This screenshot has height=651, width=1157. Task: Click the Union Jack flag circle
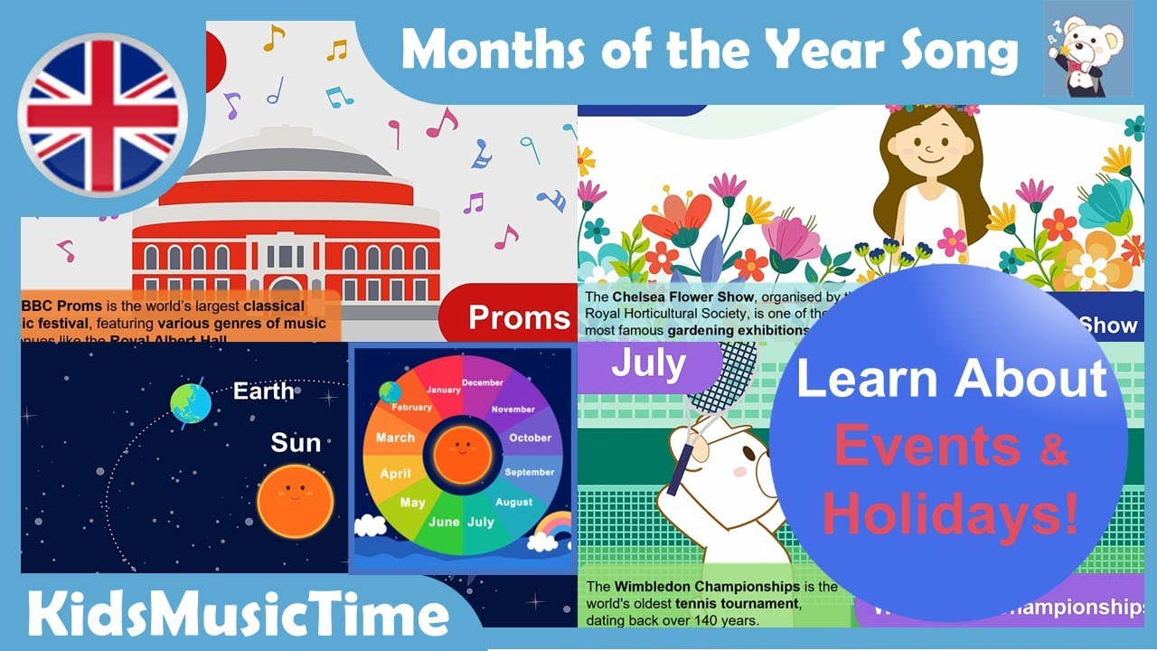102,115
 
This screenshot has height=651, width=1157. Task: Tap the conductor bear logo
1087,49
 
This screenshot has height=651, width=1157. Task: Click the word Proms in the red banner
519,317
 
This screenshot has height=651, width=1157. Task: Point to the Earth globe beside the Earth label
190,400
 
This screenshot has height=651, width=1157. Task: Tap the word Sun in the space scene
296,442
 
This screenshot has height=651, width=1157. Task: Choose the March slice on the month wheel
395,438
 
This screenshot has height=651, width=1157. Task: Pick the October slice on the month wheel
530,438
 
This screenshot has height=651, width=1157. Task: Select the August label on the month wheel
513,502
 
